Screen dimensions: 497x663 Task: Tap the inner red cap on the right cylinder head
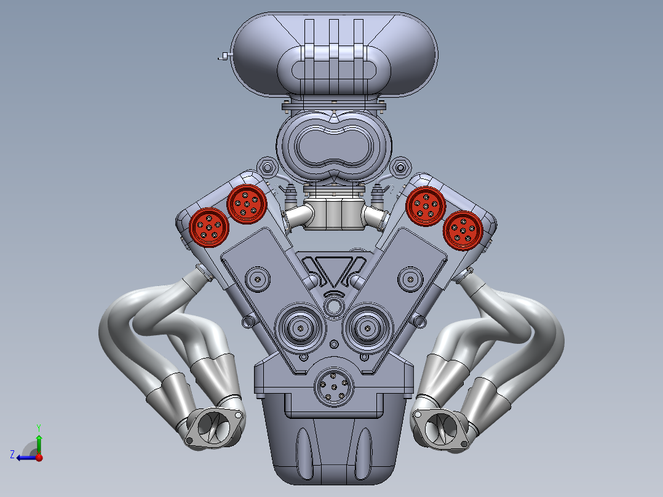coord(426,204)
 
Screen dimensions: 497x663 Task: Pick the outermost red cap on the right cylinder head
coord(463,230)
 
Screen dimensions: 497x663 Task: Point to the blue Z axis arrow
coord(21,457)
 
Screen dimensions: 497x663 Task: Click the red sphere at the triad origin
coord(39,457)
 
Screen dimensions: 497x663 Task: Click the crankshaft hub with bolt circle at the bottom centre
coord(333,388)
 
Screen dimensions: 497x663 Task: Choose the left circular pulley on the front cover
coord(300,328)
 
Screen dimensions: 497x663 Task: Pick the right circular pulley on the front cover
coord(367,328)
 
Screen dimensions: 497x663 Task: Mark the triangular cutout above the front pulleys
coord(333,271)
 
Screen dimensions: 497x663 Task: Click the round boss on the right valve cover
coord(410,279)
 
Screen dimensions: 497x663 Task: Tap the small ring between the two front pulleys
coord(334,306)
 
